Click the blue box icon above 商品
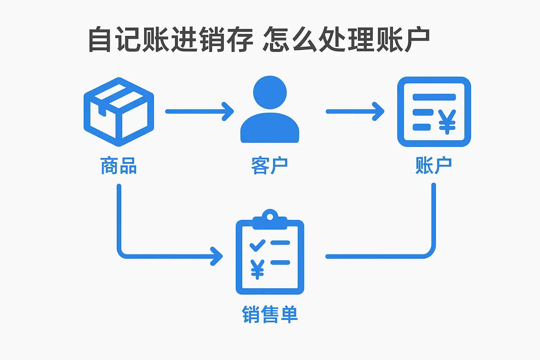click(119, 112)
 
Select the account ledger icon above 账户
click(434, 112)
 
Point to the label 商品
click(118, 166)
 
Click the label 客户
click(270, 166)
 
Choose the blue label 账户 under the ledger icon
click(433, 166)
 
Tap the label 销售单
click(270, 314)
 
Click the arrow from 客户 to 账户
click(355, 111)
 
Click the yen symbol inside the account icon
click(447, 122)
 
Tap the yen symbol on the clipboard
click(257, 269)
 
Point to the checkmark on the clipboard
click(257, 245)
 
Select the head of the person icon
click(270, 92)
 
